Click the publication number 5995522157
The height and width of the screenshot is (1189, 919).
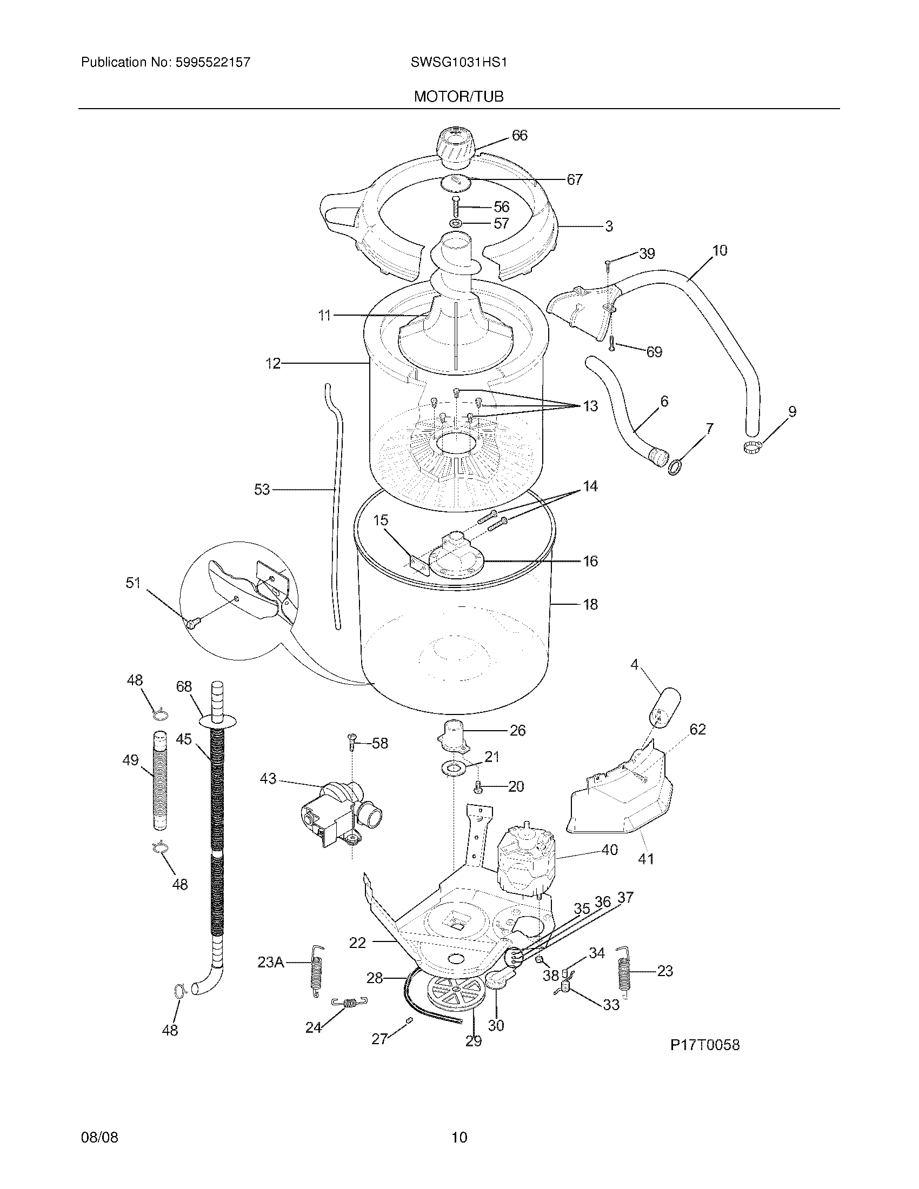click(x=212, y=62)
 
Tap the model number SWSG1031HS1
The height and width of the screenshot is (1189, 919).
click(x=459, y=62)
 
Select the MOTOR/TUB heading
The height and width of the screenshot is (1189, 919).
click(x=459, y=96)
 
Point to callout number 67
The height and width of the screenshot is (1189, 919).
click(x=574, y=179)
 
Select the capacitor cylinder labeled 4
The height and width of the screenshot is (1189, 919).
click(x=664, y=707)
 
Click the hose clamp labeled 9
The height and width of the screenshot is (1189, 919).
click(x=751, y=447)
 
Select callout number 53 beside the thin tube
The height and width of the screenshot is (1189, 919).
click(x=262, y=490)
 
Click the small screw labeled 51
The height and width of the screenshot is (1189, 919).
click(x=192, y=622)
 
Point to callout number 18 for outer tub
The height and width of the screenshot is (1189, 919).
click(x=590, y=604)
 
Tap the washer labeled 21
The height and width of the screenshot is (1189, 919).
click(x=453, y=768)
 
